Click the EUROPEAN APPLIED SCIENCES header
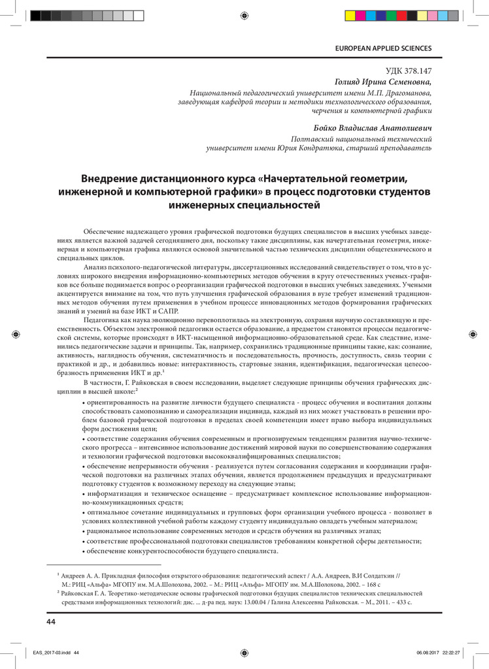click(383, 48)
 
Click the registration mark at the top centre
click(244, 14)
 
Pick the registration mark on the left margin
click(16, 334)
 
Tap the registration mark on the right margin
click(473, 334)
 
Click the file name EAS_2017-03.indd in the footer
click(51, 652)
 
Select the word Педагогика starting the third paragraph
click(103, 321)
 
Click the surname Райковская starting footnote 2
click(79, 593)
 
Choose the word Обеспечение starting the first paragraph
click(107, 232)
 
